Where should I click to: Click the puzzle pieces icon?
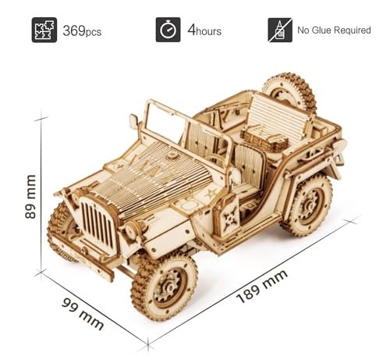coord(44,30)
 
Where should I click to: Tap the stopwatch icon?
coord(168,30)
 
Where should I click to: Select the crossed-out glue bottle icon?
coord(280,30)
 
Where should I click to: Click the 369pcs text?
coord(82,30)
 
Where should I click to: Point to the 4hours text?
coord(204,30)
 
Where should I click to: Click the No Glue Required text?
coord(334,30)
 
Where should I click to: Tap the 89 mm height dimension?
coord(30,197)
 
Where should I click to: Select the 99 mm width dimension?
coord(83,314)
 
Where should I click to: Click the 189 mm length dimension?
coord(262,286)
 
